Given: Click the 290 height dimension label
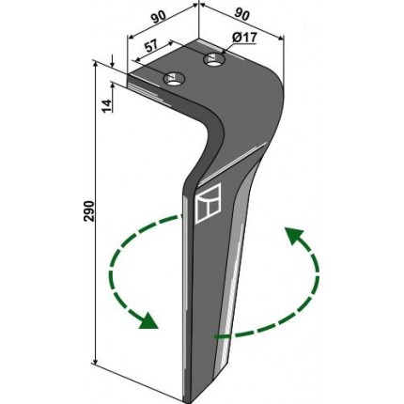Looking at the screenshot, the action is pos(89,210).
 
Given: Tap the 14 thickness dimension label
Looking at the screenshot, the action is pos(107,105).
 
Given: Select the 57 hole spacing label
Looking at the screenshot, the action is pos(151,46).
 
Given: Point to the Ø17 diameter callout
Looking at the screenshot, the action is pos(244,38).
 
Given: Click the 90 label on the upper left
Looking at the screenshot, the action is pos(159,18).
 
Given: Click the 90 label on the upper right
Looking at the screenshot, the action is pos(242,15).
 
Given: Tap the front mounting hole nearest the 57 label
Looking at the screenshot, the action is pos(174,79).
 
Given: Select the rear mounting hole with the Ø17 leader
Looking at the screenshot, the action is pos(214,59).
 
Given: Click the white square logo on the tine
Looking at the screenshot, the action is pos(208,203).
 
